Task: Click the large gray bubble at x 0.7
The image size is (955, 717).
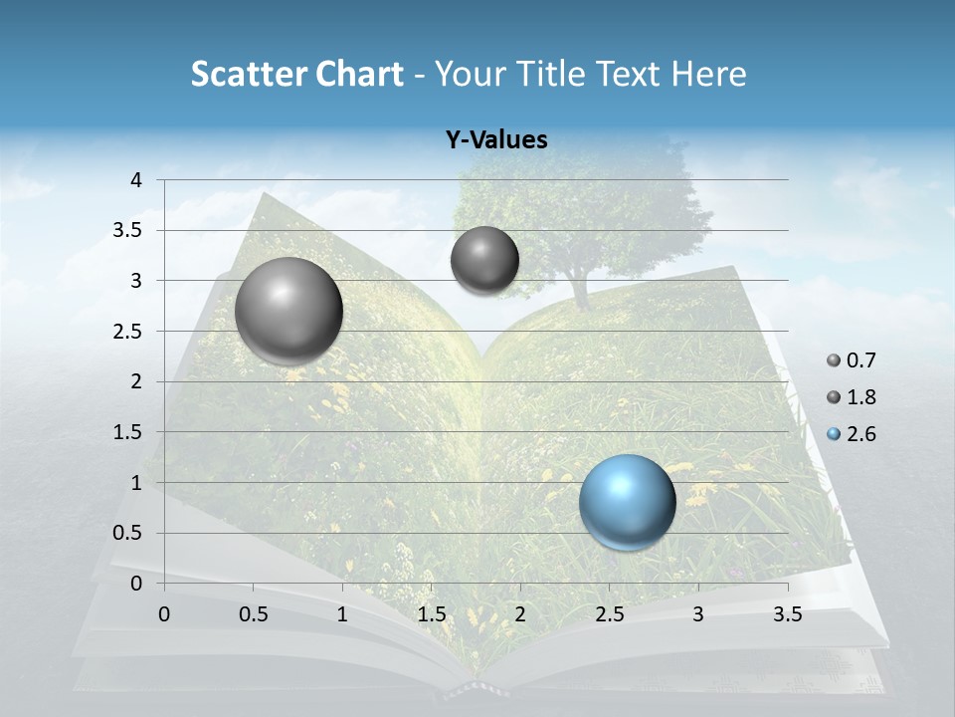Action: pos(289,310)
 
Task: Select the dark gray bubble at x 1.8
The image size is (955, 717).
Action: pos(484,260)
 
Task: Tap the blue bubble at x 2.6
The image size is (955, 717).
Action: pos(628,502)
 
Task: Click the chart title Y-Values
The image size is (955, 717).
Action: pos(496,140)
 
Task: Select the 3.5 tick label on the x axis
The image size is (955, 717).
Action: pos(788,614)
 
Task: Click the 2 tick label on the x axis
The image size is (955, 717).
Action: pos(520,614)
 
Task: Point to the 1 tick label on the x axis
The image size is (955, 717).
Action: pos(342,614)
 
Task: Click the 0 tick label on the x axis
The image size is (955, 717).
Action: pos(164,614)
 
